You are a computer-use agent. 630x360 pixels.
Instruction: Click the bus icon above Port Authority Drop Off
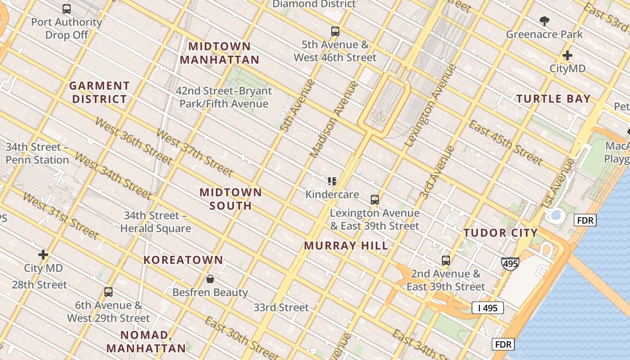[x=67, y=9]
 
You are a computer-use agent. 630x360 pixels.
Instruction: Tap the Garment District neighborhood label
[x=99, y=92]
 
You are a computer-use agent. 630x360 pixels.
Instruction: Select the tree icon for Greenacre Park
[x=544, y=21]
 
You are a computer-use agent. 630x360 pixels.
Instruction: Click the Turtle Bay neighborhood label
[x=553, y=99]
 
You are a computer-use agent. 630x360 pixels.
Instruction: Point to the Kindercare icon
[x=332, y=181]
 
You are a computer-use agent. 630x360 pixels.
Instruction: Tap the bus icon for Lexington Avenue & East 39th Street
[x=375, y=200]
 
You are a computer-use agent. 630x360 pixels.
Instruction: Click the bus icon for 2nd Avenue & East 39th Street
[x=446, y=261]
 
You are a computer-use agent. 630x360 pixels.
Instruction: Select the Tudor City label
[x=500, y=233]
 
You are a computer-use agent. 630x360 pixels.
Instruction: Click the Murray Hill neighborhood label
[x=346, y=246]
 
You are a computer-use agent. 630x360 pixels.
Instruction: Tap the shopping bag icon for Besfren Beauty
[x=210, y=279]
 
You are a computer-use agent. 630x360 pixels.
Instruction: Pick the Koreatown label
[x=183, y=260]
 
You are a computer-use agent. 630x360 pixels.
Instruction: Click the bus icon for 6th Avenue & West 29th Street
[x=108, y=292]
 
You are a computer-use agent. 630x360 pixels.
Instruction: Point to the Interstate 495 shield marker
[x=510, y=264]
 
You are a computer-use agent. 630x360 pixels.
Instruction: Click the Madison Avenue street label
[x=334, y=119]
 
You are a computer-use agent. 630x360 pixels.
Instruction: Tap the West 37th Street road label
[x=194, y=153]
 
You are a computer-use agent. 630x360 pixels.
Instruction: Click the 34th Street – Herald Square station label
[x=155, y=222]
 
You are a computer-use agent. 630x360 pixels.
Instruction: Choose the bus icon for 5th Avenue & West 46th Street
[x=335, y=31]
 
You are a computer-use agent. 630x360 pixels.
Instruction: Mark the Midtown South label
[x=230, y=199]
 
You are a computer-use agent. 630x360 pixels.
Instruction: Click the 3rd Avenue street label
[x=431, y=172]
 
